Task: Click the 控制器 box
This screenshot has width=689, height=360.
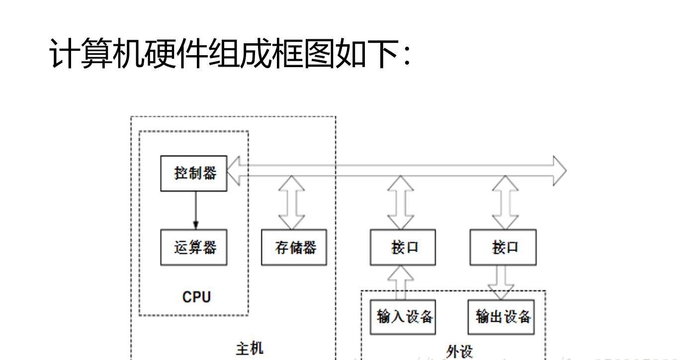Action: pos(194,173)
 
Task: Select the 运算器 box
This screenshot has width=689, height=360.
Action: pos(194,247)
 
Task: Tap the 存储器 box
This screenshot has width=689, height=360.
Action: pos(294,247)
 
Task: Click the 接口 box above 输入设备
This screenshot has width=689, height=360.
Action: pos(403,247)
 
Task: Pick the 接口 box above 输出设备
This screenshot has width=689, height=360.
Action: pos(503,247)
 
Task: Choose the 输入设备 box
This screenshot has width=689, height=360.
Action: pos(403,317)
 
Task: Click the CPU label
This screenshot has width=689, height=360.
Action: pos(196,297)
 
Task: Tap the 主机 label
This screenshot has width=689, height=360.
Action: pos(250,348)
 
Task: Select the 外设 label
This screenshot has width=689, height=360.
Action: pos(459,352)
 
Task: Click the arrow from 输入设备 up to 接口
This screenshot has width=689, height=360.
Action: pos(403,281)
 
